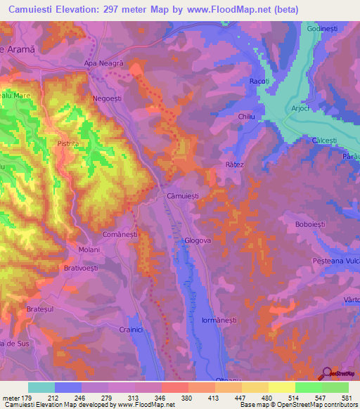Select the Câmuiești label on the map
point(186,196)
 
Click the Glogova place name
point(198,241)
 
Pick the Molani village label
point(89,250)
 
